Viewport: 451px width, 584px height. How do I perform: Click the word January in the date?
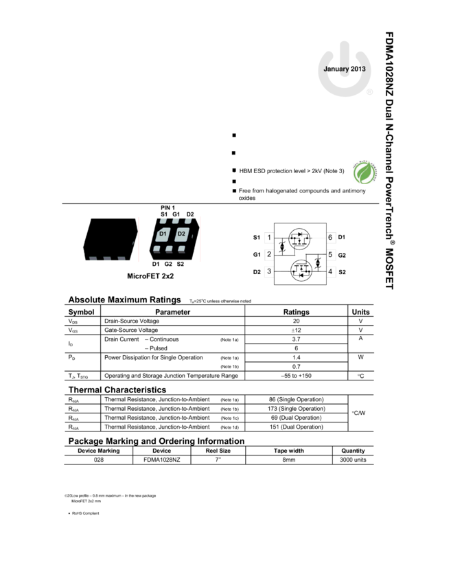(x=336, y=69)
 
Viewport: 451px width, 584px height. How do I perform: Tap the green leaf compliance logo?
(x=365, y=172)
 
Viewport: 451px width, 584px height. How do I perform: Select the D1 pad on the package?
(x=163, y=235)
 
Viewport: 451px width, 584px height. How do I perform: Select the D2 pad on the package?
(x=181, y=235)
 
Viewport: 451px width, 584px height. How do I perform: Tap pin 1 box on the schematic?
(x=269, y=238)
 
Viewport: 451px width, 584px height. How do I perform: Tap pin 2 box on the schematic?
(x=269, y=255)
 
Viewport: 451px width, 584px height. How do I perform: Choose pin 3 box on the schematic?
(x=269, y=272)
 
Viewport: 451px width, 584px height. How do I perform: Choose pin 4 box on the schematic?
(x=331, y=272)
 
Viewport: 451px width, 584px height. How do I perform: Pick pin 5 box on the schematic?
(x=331, y=255)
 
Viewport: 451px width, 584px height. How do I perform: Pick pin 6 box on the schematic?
(x=331, y=238)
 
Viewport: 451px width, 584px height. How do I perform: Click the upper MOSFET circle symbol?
(x=299, y=239)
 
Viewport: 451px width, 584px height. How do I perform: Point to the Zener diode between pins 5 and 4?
(x=317, y=263)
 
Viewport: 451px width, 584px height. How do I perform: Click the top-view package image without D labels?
(x=110, y=238)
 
